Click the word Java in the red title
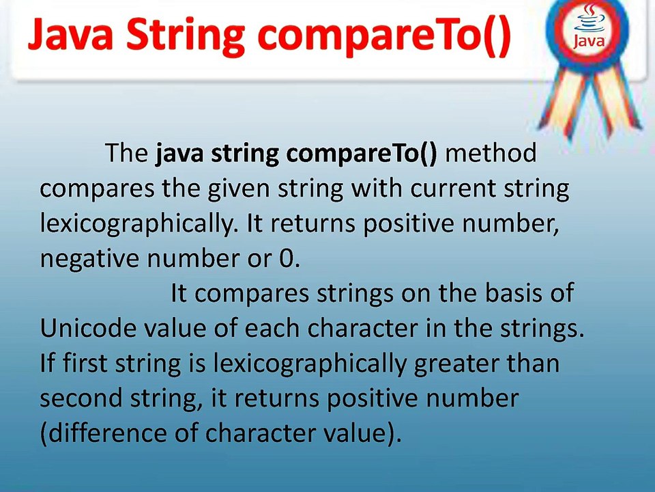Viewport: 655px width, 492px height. pos(70,36)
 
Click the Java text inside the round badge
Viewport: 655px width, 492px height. pos(589,41)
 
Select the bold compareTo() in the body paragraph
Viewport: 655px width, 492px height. pos(361,154)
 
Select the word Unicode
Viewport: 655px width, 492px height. pos(88,329)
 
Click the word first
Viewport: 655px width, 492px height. pos(85,364)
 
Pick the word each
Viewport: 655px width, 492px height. pos(272,329)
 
